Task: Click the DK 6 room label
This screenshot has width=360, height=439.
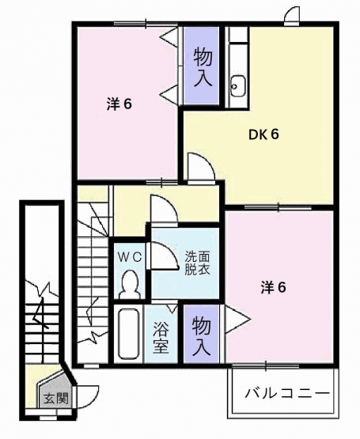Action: (263, 135)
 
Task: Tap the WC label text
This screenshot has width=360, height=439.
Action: (129, 257)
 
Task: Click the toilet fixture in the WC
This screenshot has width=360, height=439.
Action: (129, 285)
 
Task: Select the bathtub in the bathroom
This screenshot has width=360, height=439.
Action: (129, 334)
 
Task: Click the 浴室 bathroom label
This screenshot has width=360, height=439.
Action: (161, 338)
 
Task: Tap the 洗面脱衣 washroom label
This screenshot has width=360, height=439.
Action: (197, 263)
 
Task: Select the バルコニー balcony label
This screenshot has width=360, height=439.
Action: (287, 394)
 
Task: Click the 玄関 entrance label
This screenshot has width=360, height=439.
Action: (56, 399)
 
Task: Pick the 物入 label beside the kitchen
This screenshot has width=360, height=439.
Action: (203, 66)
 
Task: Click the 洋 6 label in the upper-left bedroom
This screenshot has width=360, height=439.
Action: (119, 104)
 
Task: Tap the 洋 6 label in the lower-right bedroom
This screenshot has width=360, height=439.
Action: (273, 288)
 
